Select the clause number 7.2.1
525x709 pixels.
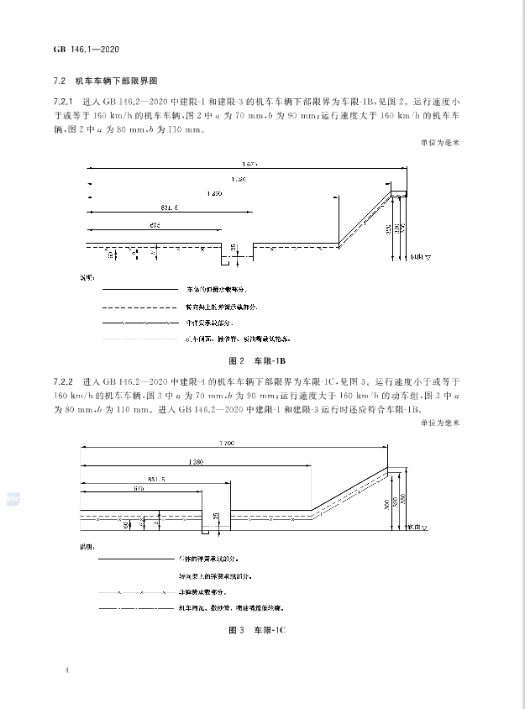point(64,102)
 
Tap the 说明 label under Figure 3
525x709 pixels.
point(87,544)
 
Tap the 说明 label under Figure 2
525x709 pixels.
point(88,275)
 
